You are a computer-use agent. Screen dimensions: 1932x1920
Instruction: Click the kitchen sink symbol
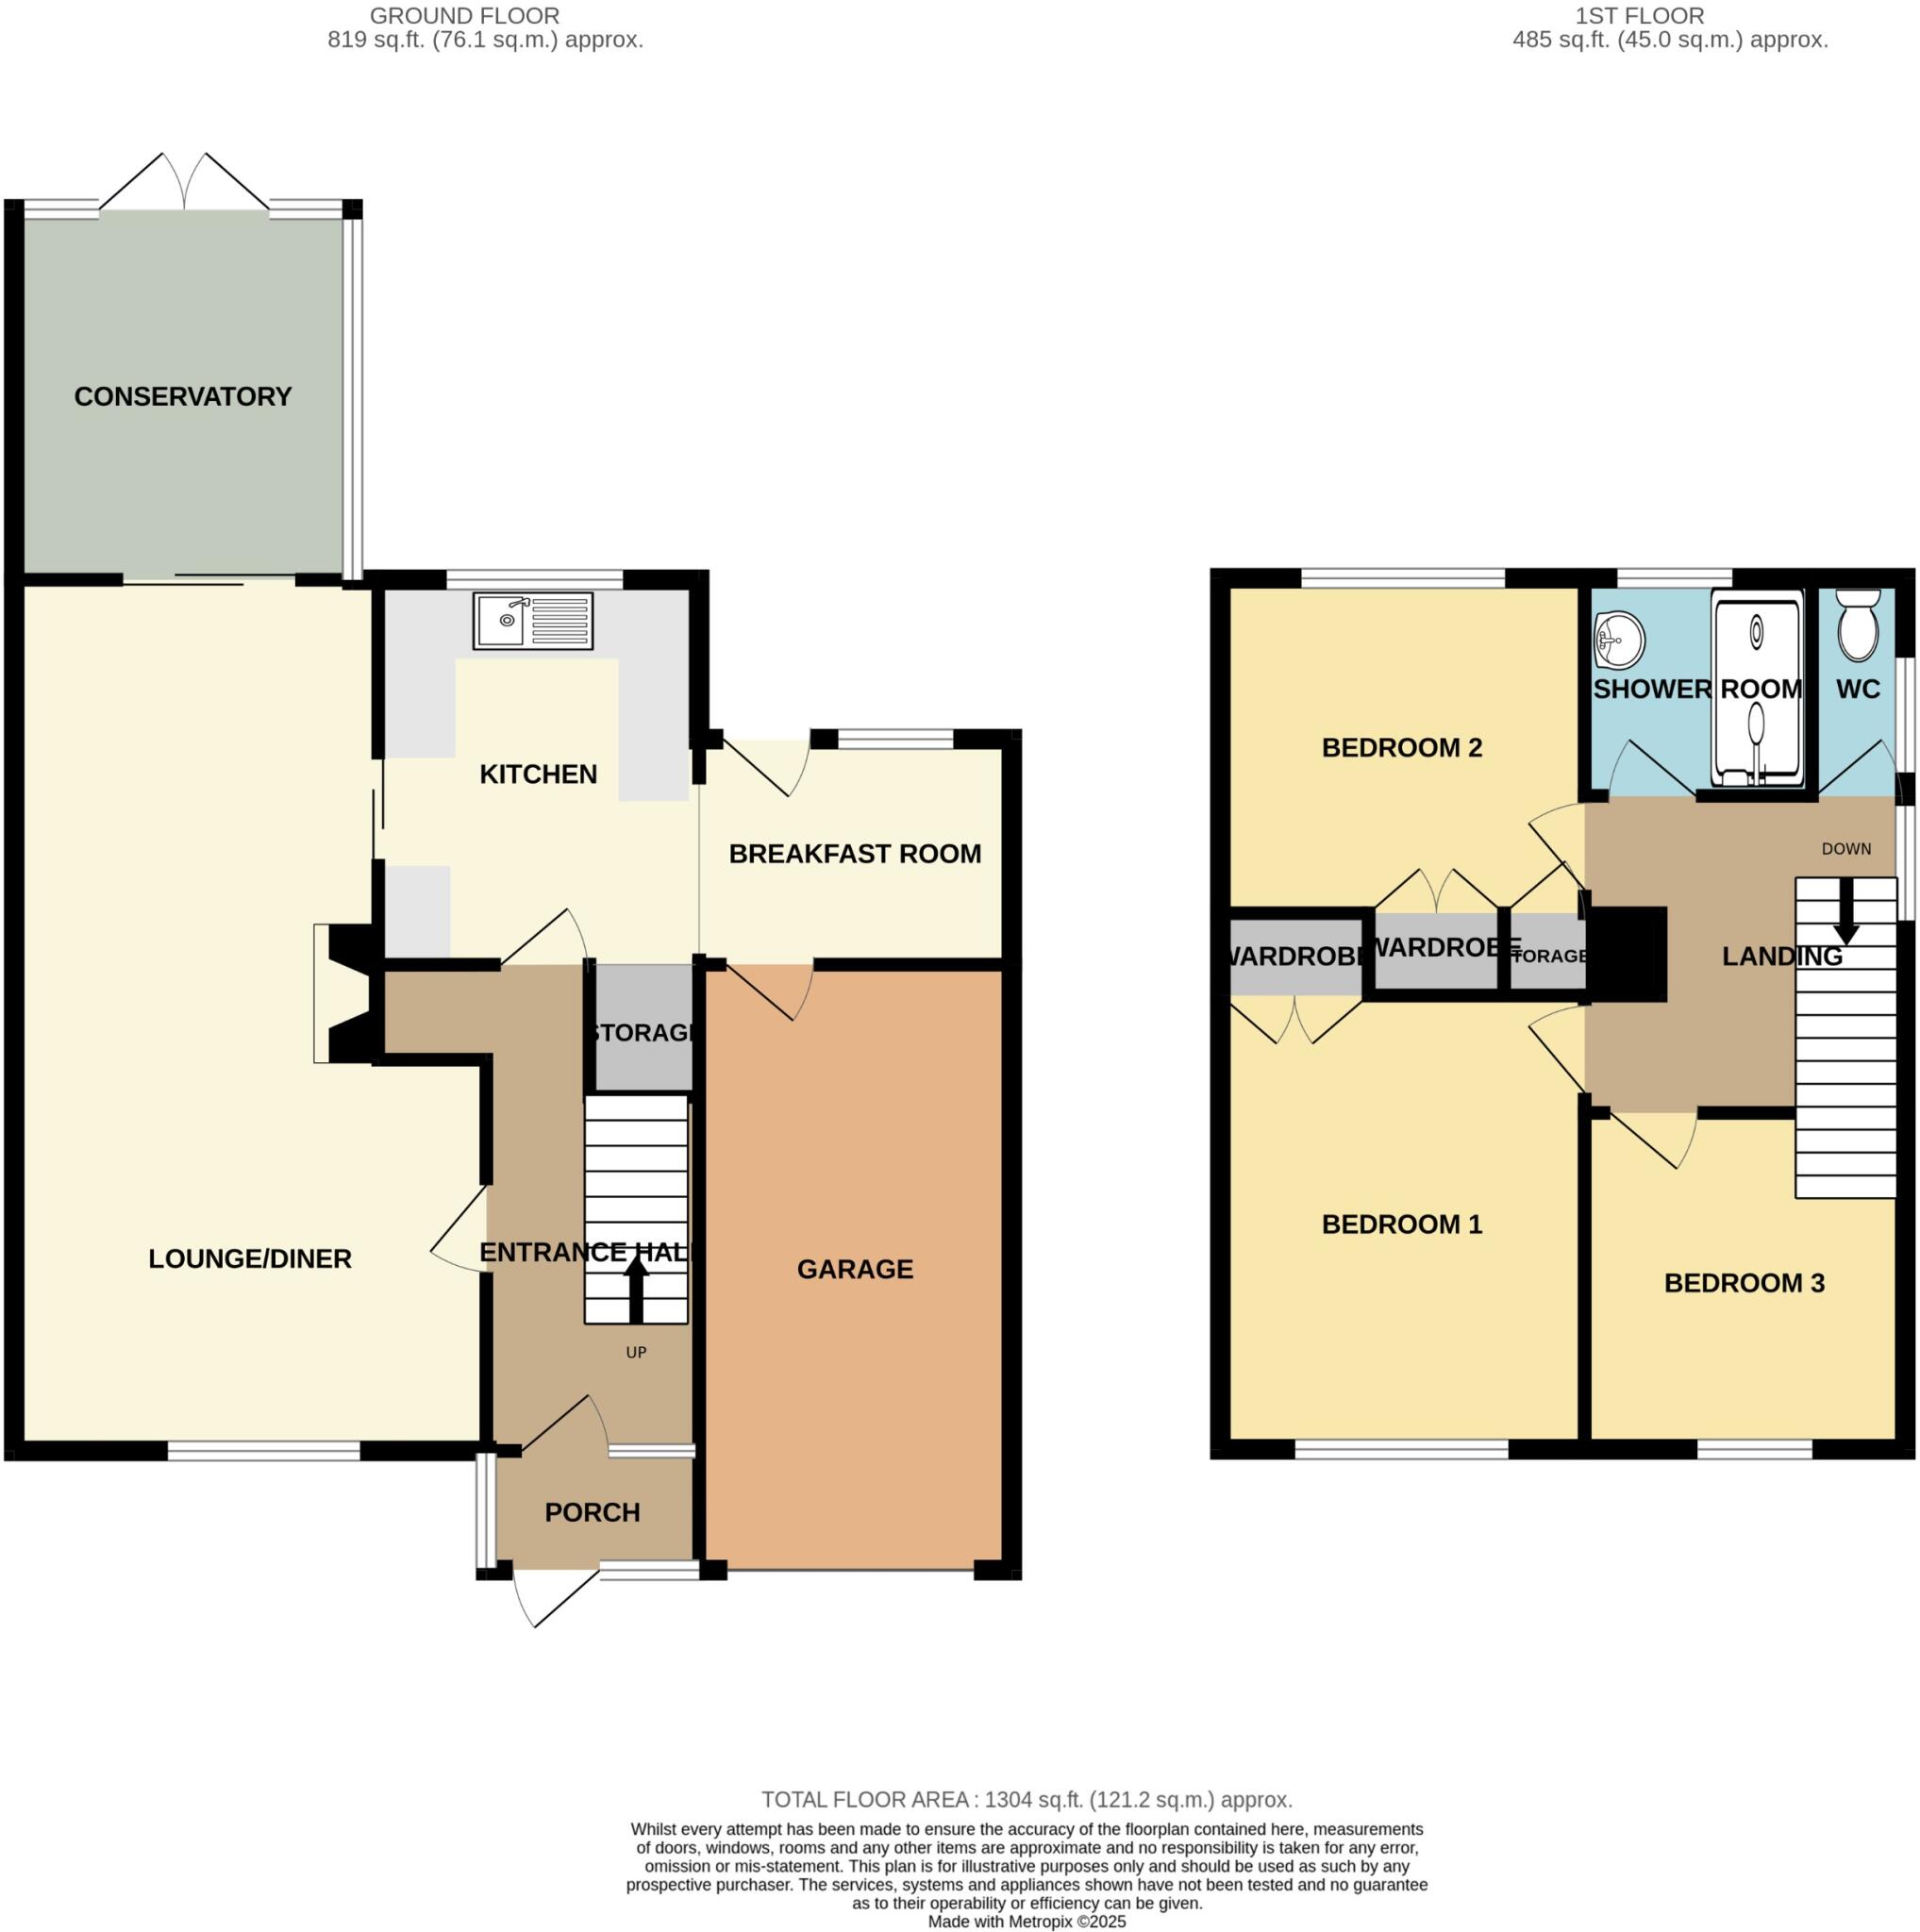coord(533,621)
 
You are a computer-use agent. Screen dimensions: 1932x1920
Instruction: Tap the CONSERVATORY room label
coord(183,397)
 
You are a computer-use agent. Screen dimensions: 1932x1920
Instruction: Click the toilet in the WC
coord(1859,627)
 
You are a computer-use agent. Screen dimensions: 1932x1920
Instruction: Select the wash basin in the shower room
coord(1619,640)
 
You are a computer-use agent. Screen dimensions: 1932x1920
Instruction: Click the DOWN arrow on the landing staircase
coord(1846,916)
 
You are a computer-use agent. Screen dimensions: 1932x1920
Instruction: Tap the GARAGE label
coord(855,1270)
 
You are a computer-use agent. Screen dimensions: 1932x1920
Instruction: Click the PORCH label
coord(592,1513)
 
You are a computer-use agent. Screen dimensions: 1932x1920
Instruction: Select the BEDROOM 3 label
coord(1744,1284)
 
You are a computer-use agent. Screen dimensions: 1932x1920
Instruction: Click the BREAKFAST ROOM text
coord(855,854)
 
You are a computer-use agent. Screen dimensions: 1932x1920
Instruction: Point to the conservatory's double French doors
coord(185,183)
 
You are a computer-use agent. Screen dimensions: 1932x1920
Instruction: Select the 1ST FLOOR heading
coord(1639,16)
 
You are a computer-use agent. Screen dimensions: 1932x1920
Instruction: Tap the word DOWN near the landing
coord(1846,849)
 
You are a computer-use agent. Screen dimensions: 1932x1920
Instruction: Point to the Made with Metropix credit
coord(1027,1922)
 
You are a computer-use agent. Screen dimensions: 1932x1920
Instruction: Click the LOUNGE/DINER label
coord(250,1260)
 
